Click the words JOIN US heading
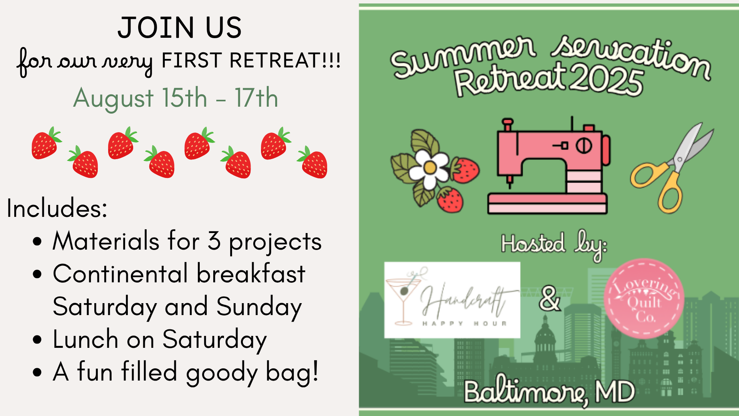point(180,28)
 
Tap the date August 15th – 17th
point(176,98)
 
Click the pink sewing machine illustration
point(548,166)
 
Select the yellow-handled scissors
point(672,168)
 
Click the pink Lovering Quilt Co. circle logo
point(644,299)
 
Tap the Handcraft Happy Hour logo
point(452,300)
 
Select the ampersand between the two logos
point(549,298)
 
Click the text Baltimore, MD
point(549,392)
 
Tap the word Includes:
point(57,208)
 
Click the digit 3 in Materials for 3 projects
point(214,241)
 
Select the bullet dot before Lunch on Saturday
point(37,340)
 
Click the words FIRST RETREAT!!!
point(251,60)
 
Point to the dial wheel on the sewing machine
point(584,146)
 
